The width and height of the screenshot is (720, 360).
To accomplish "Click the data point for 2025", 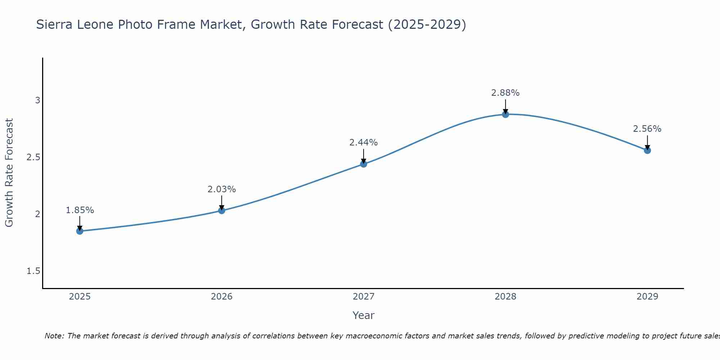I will point(80,231).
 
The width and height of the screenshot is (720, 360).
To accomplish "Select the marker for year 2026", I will point(222,211).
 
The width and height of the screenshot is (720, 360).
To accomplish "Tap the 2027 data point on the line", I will point(364,164).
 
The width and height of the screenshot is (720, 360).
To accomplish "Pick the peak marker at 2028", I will point(505,114).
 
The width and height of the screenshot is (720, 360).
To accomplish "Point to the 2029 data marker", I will point(647,150).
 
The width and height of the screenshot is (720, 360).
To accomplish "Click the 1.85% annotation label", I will point(80,210).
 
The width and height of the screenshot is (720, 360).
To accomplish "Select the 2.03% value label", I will point(222,189).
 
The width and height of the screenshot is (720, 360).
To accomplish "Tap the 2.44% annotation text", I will point(364,143).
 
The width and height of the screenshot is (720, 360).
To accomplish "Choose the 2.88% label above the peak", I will point(505,93).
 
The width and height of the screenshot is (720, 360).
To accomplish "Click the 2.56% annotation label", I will point(647,129).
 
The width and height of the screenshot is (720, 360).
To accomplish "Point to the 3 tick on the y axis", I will point(37,100).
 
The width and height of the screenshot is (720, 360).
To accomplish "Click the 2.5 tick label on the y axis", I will point(33,157).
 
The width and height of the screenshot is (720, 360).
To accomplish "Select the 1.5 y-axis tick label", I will point(33,271).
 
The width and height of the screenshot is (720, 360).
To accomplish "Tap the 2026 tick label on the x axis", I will point(222,297).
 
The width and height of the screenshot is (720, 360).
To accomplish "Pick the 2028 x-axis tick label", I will point(505,297).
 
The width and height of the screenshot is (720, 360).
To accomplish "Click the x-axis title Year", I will point(364,315).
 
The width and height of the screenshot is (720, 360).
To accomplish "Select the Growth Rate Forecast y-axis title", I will point(9,173).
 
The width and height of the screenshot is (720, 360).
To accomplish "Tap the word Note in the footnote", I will point(54,336).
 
